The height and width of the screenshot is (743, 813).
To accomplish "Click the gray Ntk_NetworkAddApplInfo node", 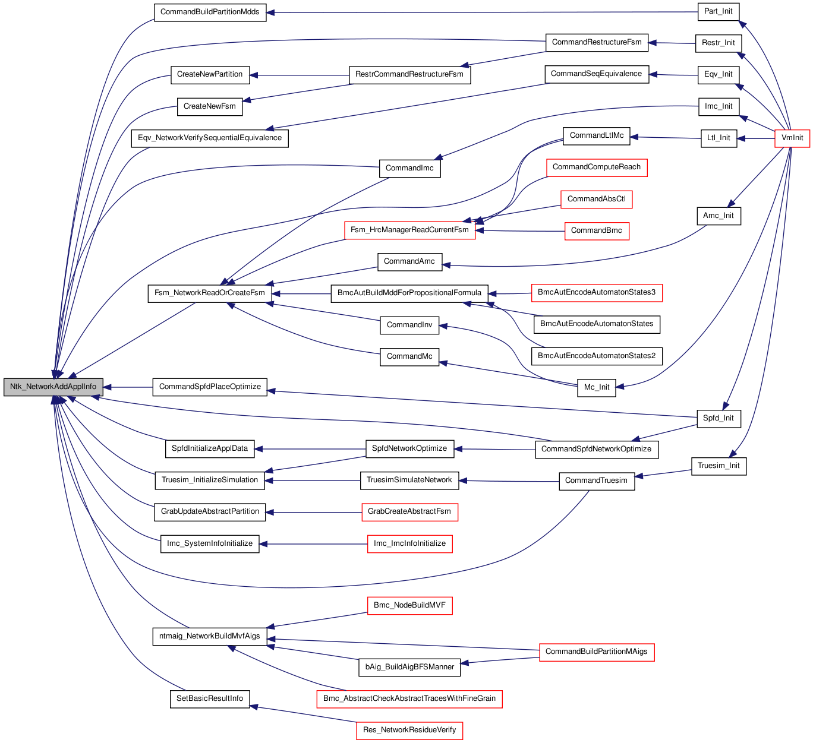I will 53,387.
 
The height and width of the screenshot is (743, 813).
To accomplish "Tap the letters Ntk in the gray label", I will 16,387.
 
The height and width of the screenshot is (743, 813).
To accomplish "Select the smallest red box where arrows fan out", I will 792,138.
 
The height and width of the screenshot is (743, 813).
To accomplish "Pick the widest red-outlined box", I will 409,699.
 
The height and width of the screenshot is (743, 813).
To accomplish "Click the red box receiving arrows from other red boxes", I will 409,230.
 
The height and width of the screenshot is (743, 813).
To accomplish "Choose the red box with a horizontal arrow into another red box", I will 597,231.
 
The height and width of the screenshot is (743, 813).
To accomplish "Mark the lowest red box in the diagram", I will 409,731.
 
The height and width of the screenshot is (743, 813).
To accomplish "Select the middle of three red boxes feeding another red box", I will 596,200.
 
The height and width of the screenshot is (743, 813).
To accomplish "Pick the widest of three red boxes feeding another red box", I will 596,168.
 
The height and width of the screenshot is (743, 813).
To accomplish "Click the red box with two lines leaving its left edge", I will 597,652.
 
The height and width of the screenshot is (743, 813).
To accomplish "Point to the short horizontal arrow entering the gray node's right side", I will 128,387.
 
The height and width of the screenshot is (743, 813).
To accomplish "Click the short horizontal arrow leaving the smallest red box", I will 755,138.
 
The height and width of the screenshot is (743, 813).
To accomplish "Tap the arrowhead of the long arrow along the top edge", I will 270,12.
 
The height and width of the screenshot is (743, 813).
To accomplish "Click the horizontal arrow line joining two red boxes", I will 520,231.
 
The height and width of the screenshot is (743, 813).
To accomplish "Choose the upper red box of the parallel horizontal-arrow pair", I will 409,512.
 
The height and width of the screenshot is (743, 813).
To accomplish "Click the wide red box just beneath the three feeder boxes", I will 597,293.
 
